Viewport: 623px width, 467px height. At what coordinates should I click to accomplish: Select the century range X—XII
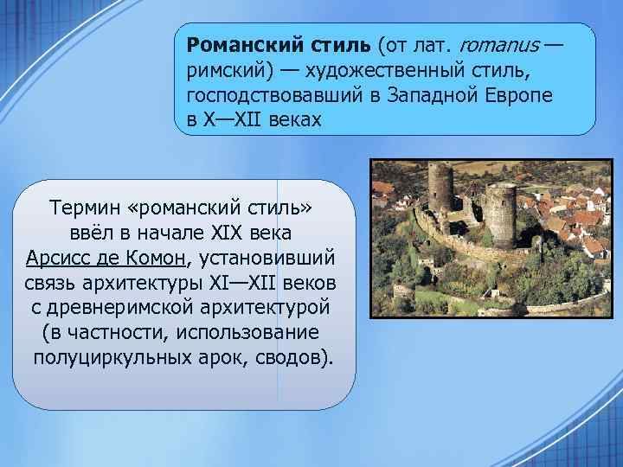pyautogui.click(x=228, y=119)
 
